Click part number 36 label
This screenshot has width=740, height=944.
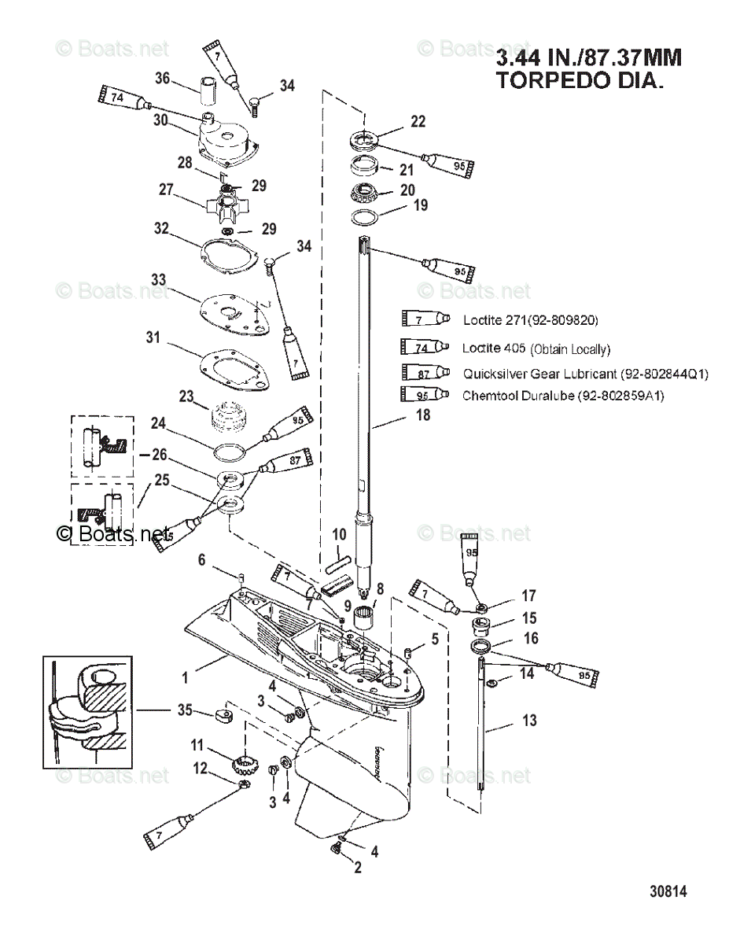[162, 78]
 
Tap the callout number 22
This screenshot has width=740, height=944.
[418, 121]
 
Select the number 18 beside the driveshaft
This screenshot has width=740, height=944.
[423, 415]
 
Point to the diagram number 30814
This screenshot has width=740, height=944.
[668, 891]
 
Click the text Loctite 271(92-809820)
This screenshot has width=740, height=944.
[530, 320]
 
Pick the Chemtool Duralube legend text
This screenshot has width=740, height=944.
[563, 396]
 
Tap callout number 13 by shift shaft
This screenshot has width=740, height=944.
[529, 720]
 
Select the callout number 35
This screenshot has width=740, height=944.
[185, 710]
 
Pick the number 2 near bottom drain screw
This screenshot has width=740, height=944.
[358, 868]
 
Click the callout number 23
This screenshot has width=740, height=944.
[186, 396]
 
